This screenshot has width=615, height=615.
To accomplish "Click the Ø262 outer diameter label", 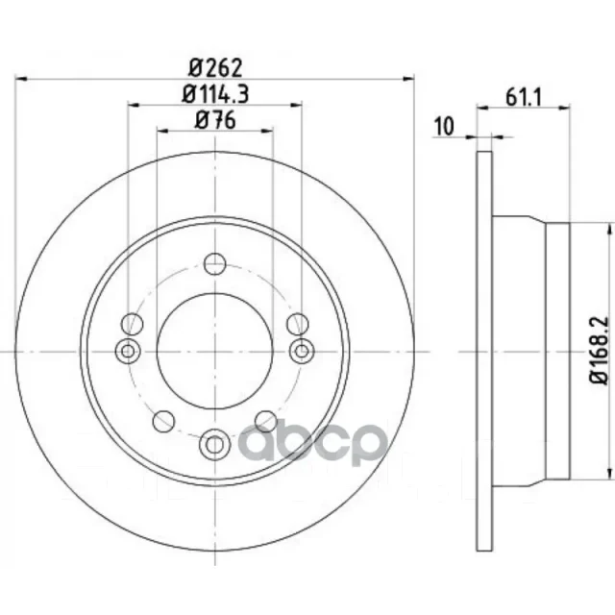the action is pyautogui.click(x=215, y=68).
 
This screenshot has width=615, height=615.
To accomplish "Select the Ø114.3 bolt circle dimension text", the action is pyautogui.click(x=215, y=94).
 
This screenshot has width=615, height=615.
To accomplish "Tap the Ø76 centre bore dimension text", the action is pyautogui.click(x=215, y=119).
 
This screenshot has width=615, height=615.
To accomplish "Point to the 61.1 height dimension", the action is pyautogui.click(x=523, y=97).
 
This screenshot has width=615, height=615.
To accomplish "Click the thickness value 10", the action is pyautogui.click(x=444, y=126).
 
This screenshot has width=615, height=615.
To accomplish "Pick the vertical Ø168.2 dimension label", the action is pyautogui.click(x=599, y=350).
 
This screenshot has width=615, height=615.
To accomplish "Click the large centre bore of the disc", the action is pyautogui.click(x=214, y=351).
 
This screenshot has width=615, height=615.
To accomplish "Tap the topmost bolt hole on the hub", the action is pyautogui.click(x=215, y=263).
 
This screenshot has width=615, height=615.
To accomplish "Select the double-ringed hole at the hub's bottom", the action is pyautogui.click(x=214, y=445).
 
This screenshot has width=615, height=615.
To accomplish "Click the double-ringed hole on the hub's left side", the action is pyautogui.click(x=128, y=351).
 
